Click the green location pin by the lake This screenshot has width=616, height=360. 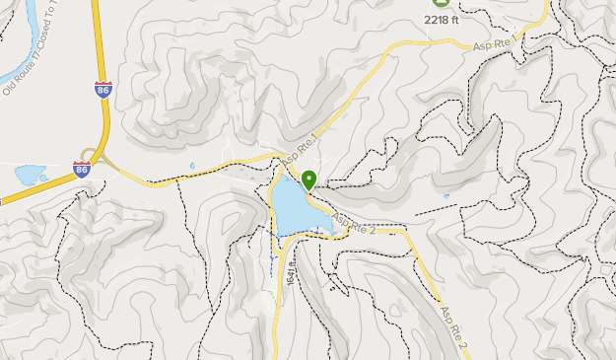(x=308, y=180)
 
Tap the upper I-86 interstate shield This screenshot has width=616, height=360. (x=103, y=89)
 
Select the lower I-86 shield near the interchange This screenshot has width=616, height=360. (x=82, y=169)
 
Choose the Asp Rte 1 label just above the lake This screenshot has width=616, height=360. (x=301, y=150)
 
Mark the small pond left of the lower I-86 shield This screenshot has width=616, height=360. (x=31, y=176)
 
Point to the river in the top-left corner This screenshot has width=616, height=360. (x=25, y=39)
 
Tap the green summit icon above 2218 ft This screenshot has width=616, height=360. (x=440, y=3)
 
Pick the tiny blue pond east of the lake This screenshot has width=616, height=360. (x=445, y=196)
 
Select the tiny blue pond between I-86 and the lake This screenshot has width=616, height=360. (x=192, y=166)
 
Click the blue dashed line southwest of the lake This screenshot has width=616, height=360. (x=272, y=252)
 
